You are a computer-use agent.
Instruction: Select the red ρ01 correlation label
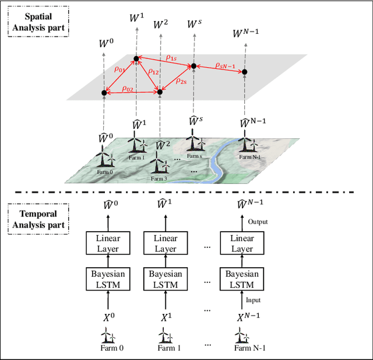(120, 69)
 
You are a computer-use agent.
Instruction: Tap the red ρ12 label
(153, 72)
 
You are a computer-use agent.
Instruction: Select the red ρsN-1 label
(225, 65)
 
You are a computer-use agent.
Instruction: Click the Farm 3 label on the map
(159, 179)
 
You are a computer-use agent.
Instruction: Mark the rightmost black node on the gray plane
(245, 72)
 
